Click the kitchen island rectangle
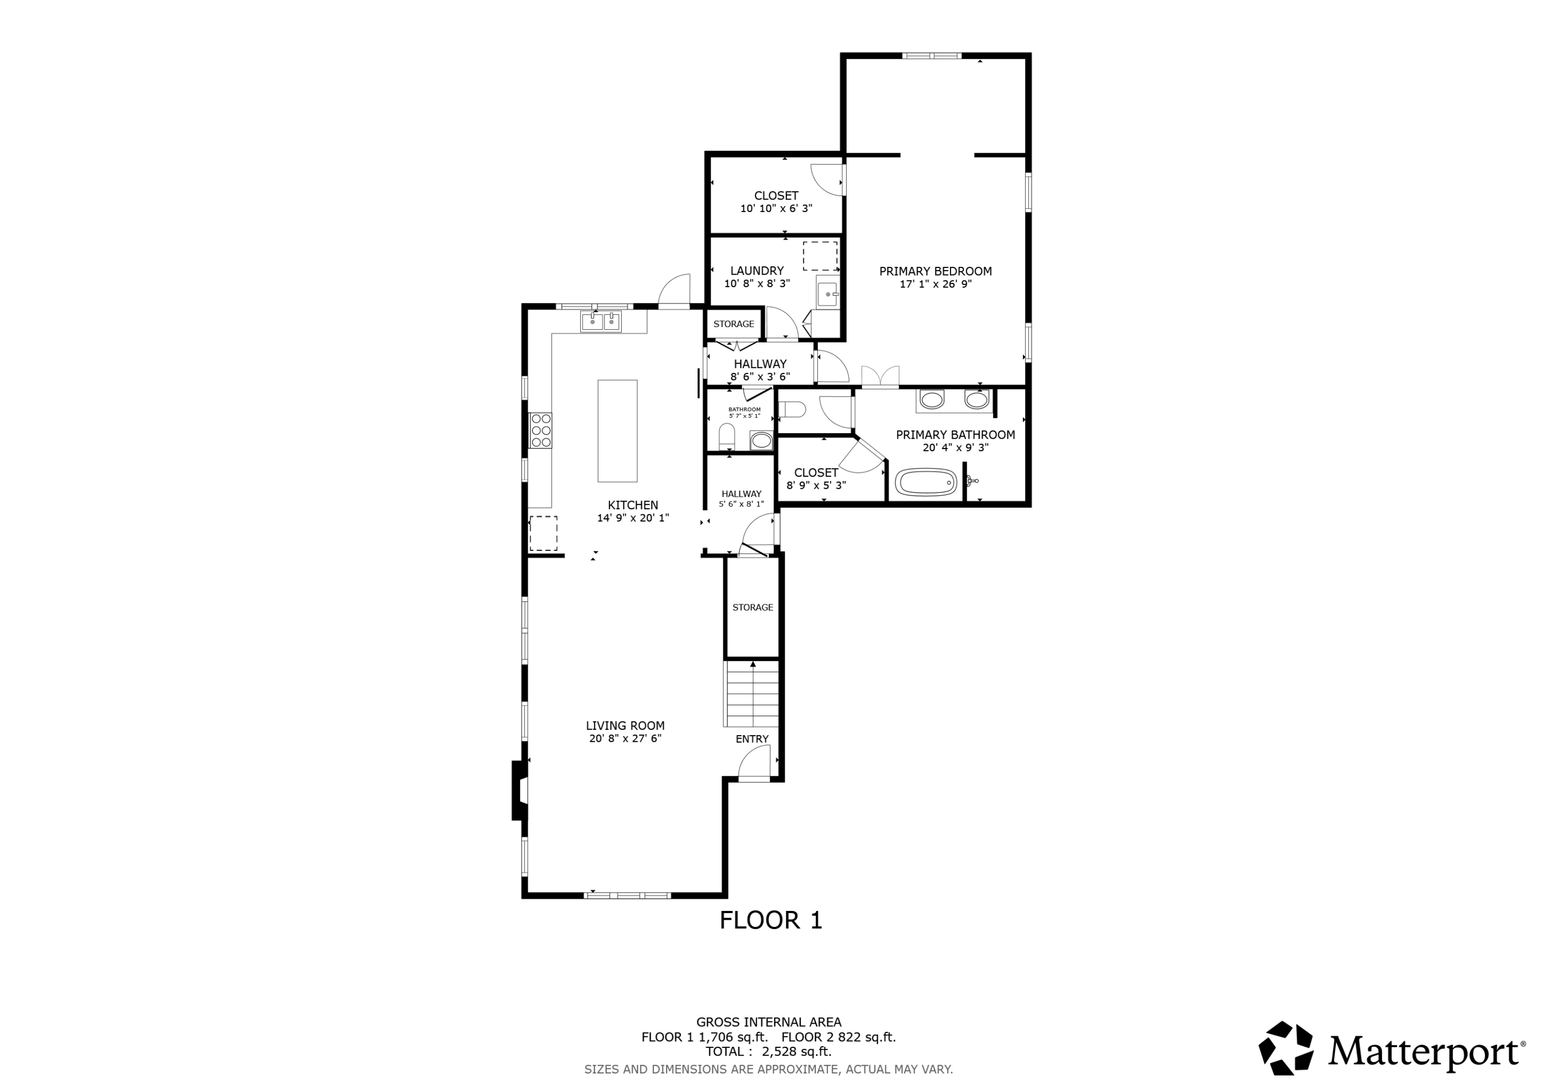click(x=617, y=431)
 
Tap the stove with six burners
click(x=541, y=430)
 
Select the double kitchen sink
click(x=601, y=322)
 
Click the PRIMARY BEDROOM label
click(x=935, y=272)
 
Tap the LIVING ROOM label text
click(x=625, y=726)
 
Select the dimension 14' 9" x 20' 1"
click(x=633, y=518)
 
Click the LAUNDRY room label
click(x=757, y=271)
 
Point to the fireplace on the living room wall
click(x=519, y=790)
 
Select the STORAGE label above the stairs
click(x=752, y=607)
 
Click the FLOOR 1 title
click(x=771, y=920)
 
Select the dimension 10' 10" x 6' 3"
click(x=776, y=209)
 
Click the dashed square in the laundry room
click(x=820, y=256)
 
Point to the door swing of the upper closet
click(x=827, y=180)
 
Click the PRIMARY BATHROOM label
click(x=955, y=435)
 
